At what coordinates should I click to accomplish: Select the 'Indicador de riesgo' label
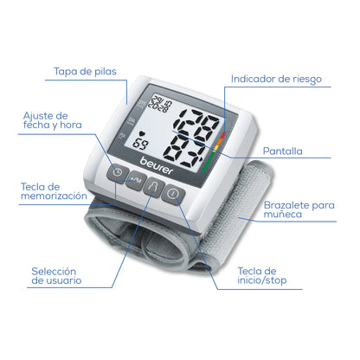tap(275, 79)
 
